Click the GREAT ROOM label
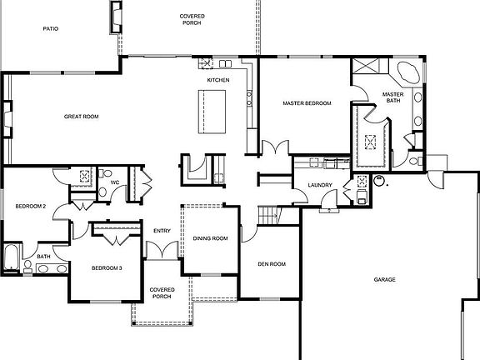click(81, 117)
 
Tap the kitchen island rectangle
click(208, 111)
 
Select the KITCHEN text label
click(218, 80)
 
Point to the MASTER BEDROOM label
click(307, 103)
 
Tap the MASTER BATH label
click(392, 97)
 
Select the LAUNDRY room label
click(320, 185)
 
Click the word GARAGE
click(384, 279)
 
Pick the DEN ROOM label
click(271, 264)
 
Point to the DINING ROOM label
click(210, 239)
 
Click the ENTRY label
click(162, 231)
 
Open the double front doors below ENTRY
click(162, 250)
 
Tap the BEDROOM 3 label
click(107, 267)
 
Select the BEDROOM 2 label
click(29, 206)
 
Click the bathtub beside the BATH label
click(12, 257)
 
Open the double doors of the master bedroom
click(272, 150)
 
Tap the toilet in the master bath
click(416, 159)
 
